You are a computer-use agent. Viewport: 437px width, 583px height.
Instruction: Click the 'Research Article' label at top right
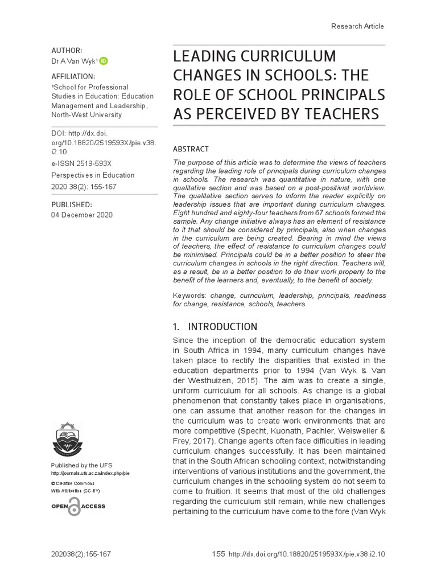point(357,26)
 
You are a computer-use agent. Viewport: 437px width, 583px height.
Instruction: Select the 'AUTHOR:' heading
point(67,50)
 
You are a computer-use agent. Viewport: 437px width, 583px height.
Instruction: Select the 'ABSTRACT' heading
point(191,149)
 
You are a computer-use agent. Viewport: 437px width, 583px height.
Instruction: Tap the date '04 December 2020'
point(82,215)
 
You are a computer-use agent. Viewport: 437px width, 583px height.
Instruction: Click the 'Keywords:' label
point(189,296)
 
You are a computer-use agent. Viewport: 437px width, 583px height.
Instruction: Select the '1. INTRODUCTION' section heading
point(215,327)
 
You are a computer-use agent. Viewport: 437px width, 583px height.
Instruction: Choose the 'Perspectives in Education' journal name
point(93,175)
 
